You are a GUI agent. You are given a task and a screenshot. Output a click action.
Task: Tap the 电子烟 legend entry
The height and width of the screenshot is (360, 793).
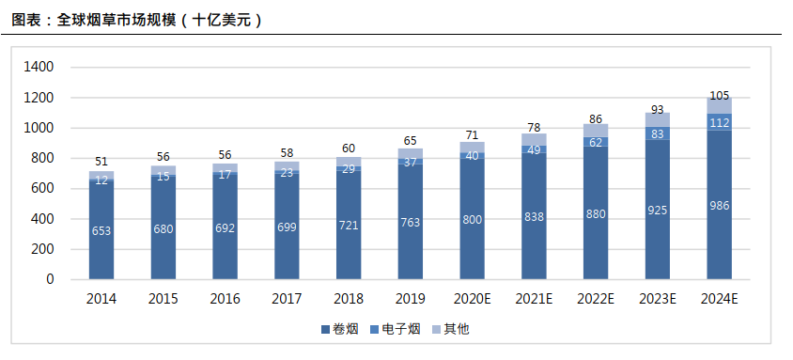click(400, 329)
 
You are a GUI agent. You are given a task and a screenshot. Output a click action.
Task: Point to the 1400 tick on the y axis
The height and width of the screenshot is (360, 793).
click(39, 68)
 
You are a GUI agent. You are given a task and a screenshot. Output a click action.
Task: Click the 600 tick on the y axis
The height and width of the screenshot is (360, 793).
click(43, 189)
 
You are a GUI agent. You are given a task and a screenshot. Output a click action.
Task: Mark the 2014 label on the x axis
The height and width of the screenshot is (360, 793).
click(101, 298)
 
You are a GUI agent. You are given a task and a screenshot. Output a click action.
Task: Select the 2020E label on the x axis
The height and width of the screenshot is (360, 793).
click(472, 298)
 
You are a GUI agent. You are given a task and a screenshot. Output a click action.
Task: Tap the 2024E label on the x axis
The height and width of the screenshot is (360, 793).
click(719, 298)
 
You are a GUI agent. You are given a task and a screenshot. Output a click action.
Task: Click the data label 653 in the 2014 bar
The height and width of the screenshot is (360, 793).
click(101, 230)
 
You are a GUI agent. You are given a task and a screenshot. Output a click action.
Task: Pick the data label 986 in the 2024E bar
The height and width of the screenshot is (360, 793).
click(719, 205)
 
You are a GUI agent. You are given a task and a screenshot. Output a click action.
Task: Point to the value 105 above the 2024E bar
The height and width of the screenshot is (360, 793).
click(719, 95)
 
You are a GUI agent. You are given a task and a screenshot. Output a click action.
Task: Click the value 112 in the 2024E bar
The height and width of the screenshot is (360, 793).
click(719, 121)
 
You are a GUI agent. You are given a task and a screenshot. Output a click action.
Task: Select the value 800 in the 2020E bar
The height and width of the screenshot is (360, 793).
click(472, 219)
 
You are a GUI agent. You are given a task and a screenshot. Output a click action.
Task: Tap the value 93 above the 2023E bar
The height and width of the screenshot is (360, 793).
click(657, 110)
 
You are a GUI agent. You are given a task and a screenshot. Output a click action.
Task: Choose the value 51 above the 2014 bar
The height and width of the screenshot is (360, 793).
click(101, 162)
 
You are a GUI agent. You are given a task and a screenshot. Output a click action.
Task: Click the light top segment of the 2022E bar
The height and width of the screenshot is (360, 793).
click(596, 131)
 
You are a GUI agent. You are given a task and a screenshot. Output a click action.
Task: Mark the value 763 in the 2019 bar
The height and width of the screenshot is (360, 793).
click(411, 223)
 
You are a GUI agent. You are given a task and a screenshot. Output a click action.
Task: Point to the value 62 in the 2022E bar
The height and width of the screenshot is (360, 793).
click(596, 142)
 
